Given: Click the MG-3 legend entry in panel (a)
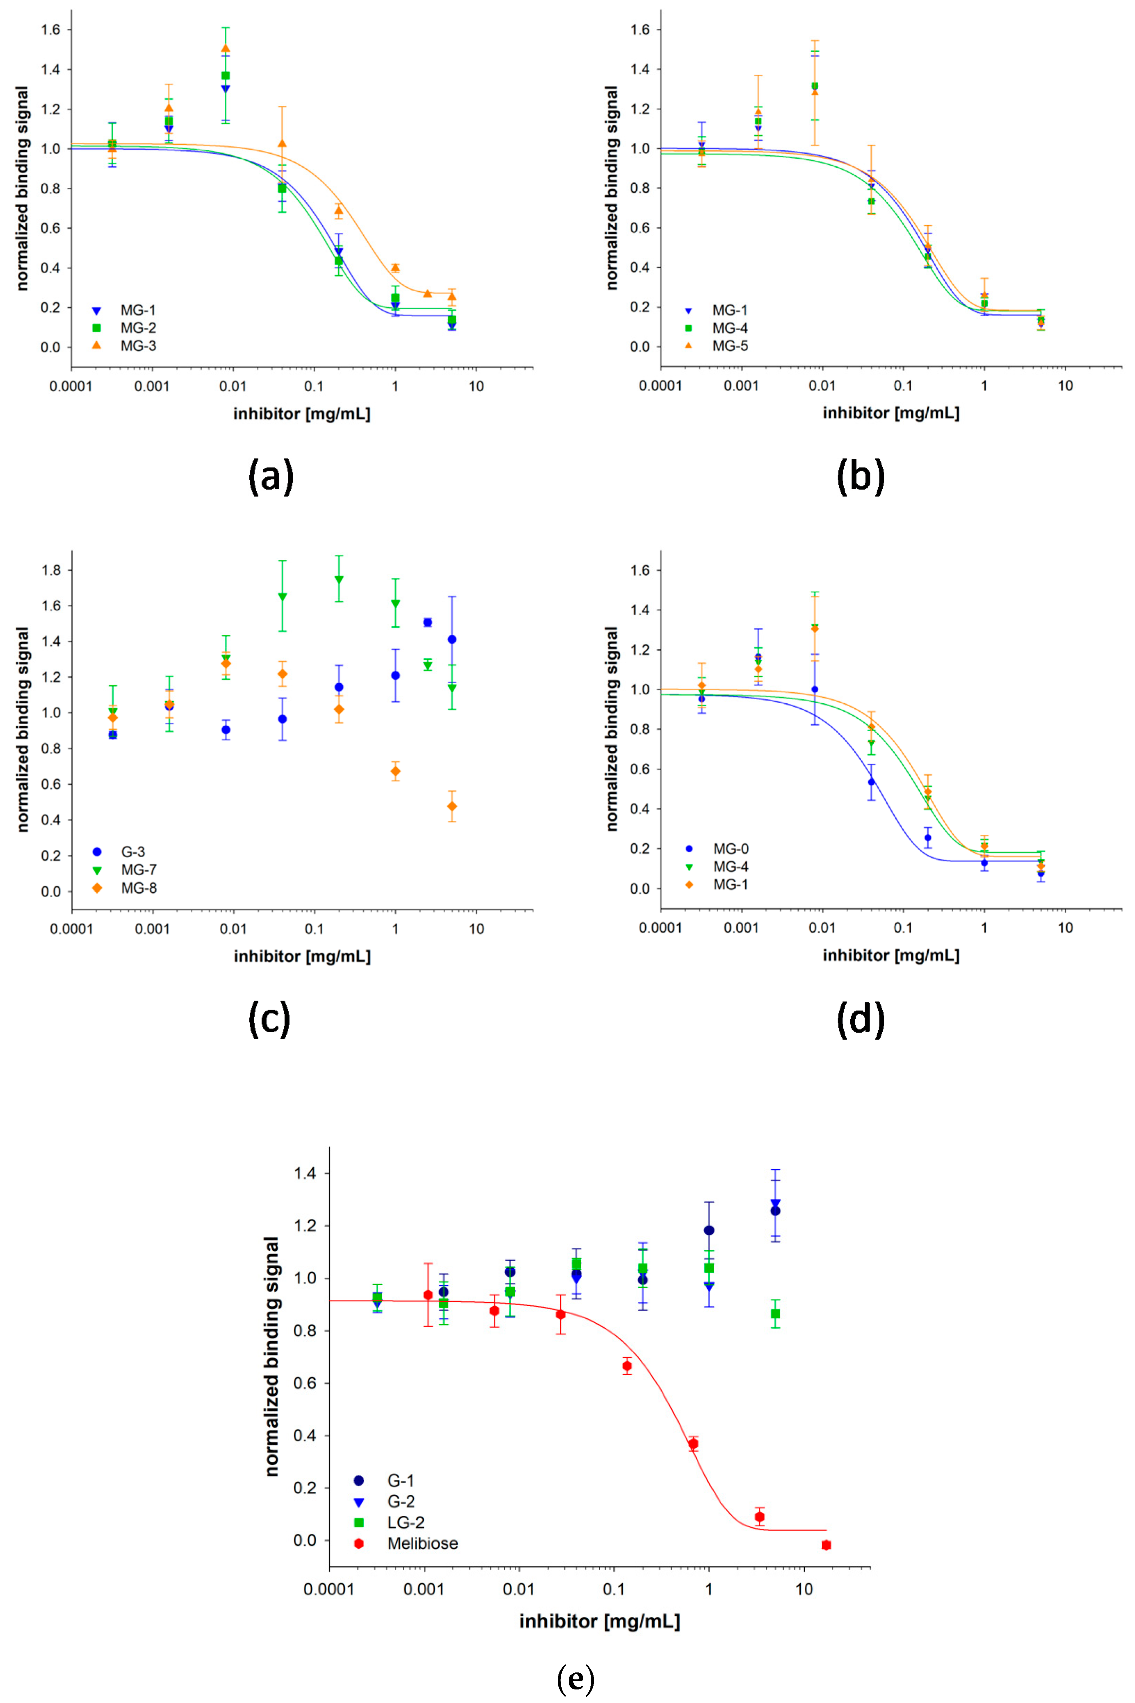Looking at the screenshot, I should point(138,346).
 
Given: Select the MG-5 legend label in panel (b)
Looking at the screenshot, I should point(730,346).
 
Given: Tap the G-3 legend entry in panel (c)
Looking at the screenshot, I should point(132,851).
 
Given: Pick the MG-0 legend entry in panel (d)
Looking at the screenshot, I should point(730,849).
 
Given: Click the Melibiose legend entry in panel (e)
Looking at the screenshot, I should point(422,1543).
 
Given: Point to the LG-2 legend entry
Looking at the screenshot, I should point(405,1522).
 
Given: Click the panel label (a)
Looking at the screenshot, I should point(271,477).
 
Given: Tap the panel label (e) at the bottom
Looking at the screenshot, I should point(575,1678).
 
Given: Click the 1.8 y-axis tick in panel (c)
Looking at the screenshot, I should point(51,570).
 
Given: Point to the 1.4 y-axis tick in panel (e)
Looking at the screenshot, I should point(305,1173).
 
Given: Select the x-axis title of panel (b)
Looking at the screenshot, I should point(890,413).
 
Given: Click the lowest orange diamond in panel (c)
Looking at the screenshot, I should point(452,806).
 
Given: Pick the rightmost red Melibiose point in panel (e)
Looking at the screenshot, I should point(826,1545).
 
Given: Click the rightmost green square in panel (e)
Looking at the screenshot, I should point(775,1313).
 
